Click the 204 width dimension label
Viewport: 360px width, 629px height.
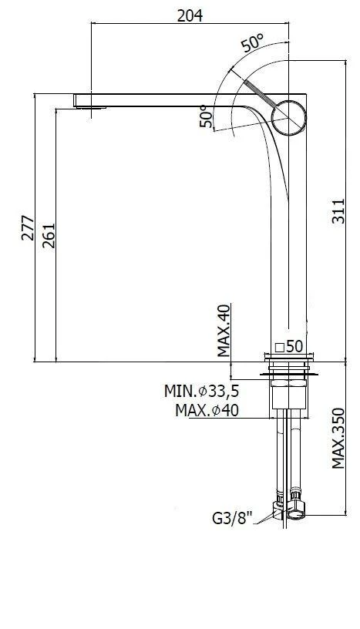click(190, 15)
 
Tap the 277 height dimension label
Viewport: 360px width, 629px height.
click(28, 228)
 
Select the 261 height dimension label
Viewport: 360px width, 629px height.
click(49, 235)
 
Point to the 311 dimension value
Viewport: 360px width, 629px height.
click(338, 211)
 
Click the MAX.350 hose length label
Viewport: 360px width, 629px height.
click(338, 438)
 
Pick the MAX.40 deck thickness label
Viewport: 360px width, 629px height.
click(224, 331)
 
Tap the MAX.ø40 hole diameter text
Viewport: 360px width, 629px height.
click(207, 410)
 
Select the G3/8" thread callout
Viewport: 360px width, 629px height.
click(232, 519)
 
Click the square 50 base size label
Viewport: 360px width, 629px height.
click(289, 346)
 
